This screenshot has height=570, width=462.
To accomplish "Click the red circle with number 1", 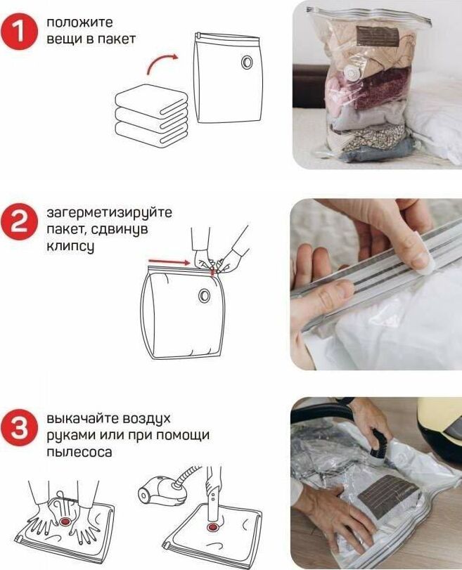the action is click(19, 31).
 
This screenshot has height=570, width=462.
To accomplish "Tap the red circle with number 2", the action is click(19, 221).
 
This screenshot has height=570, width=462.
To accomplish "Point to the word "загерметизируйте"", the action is click(109, 213).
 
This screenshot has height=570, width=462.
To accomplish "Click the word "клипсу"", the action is click(70, 247).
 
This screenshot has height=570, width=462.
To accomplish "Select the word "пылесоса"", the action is click(79, 453).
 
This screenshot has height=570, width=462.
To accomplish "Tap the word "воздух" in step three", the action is click(146, 419).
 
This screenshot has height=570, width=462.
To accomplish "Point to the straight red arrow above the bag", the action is click(169, 261).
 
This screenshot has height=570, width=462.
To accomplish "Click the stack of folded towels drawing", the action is click(152, 115).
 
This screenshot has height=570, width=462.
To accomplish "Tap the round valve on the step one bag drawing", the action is click(247, 62).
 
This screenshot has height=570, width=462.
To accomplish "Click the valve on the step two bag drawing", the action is click(205, 294).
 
